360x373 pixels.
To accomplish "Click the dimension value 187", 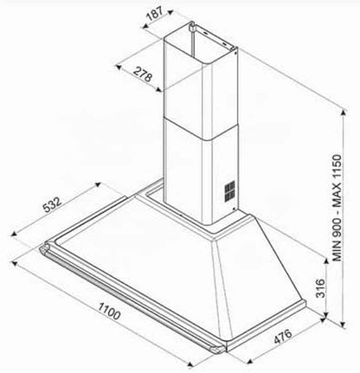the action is tap(155, 14).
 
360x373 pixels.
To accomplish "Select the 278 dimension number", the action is tap(143, 74).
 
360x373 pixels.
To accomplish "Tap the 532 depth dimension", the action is tap(52, 204).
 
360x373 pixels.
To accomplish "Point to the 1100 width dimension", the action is tap(109, 311).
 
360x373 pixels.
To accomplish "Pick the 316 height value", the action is tap(320, 288).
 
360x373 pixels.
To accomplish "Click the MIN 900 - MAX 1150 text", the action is tap(337, 208).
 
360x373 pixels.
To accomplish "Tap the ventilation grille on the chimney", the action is tap(230, 190).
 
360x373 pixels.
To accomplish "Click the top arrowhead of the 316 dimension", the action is tap(326, 260).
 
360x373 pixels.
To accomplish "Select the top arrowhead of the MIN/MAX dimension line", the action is tap(344, 112).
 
